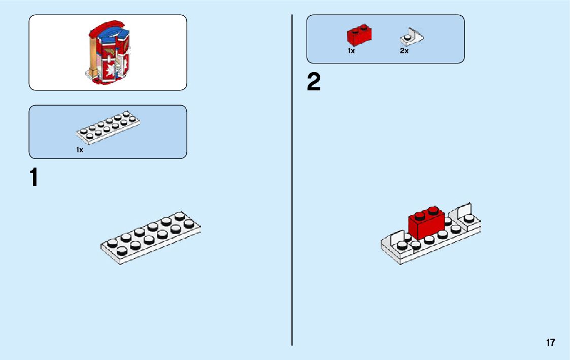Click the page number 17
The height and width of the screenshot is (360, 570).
(x=551, y=342)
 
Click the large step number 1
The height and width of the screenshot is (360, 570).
(x=34, y=178)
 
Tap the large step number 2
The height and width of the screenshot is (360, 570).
(x=314, y=83)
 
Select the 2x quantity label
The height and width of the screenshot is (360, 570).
(x=404, y=51)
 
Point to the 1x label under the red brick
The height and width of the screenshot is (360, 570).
(x=351, y=51)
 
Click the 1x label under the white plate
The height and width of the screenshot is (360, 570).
(x=80, y=150)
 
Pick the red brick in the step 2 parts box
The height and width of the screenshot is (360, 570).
(x=360, y=35)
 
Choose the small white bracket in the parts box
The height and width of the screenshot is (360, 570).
(x=412, y=37)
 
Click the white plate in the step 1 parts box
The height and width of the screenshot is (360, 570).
(x=108, y=126)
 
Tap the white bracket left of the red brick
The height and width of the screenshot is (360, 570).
(x=396, y=242)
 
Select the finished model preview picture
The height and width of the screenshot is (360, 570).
(x=108, y=53)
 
